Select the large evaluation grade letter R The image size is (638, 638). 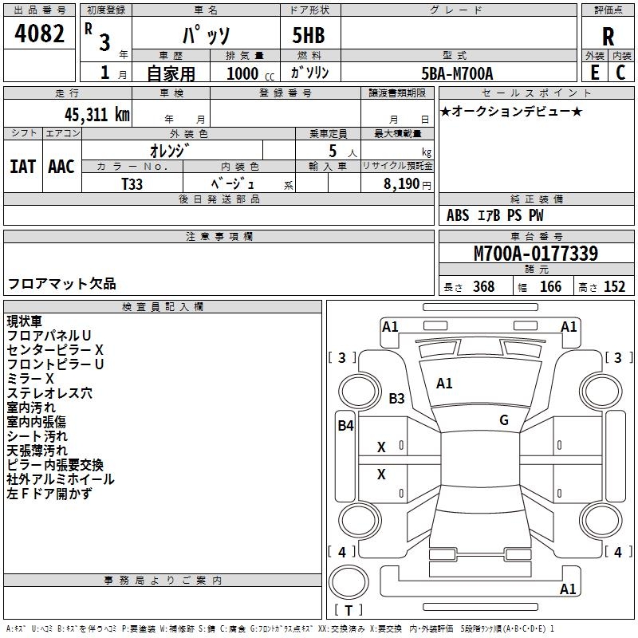[608, 37]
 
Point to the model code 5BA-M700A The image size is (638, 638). [457, 73]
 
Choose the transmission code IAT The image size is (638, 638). [22, 167]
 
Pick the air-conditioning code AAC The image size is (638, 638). [61, 167]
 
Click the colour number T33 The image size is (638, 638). [132, 183]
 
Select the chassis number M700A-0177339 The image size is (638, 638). [536, 254]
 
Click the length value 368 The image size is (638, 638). [483, 287]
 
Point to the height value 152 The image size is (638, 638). [614, 287]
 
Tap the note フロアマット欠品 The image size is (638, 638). [61, 283]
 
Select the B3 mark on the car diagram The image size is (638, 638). [397, 398]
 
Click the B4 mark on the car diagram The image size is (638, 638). [345, 425]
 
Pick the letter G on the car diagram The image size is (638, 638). [504, 420]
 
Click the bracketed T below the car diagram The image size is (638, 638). [349, 610]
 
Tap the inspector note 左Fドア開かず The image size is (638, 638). [49, 494]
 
